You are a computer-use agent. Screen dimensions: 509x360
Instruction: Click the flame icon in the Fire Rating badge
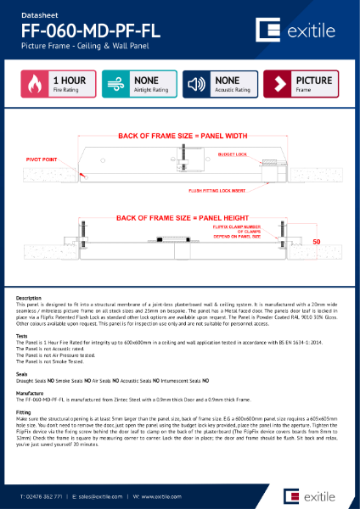pyautogui.click(x=35, y=85)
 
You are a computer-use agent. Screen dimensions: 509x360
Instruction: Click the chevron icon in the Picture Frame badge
pyautogui.click(x=278, y=85)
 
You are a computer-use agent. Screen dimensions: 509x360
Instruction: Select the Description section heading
pyautogui.click(x=29, y=298)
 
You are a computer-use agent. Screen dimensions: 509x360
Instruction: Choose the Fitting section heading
pyautogui.click(x=25, y=411)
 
